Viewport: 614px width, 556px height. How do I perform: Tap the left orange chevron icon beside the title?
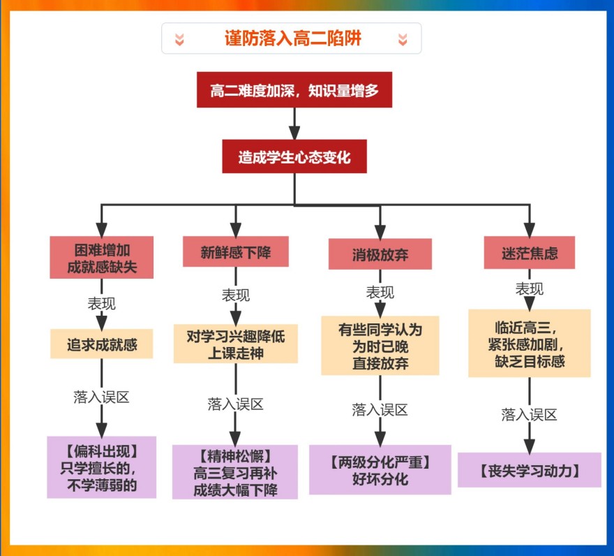coord(179,39)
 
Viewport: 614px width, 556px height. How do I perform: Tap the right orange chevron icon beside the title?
coord(403,39)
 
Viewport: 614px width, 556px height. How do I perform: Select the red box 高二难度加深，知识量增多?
coord(294,89)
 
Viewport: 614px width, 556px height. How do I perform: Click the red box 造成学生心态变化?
coord(294,156)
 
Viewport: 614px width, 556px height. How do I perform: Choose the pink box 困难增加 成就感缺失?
coord(102,257)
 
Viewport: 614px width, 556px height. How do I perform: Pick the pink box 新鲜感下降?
coord(235,251)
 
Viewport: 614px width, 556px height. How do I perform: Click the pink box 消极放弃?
coord(380,254)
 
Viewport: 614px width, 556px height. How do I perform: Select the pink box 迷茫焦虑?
coord(530,252)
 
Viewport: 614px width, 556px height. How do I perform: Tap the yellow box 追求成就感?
coord(102,344)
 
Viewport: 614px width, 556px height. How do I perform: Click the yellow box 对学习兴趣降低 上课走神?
coord(235,344)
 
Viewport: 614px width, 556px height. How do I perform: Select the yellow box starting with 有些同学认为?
coord(380,345)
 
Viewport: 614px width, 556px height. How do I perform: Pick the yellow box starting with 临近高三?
coord(530,343)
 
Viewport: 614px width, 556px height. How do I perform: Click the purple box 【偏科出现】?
coord(102,467)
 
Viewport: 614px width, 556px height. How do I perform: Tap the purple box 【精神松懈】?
coord(235,471)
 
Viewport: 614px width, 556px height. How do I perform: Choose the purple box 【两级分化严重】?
coord(380,469)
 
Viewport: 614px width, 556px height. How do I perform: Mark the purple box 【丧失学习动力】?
coord(530,469)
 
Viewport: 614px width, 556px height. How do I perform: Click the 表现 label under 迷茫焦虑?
coord(529,288)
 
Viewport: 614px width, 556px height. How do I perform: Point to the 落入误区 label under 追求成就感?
coord(101,397)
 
